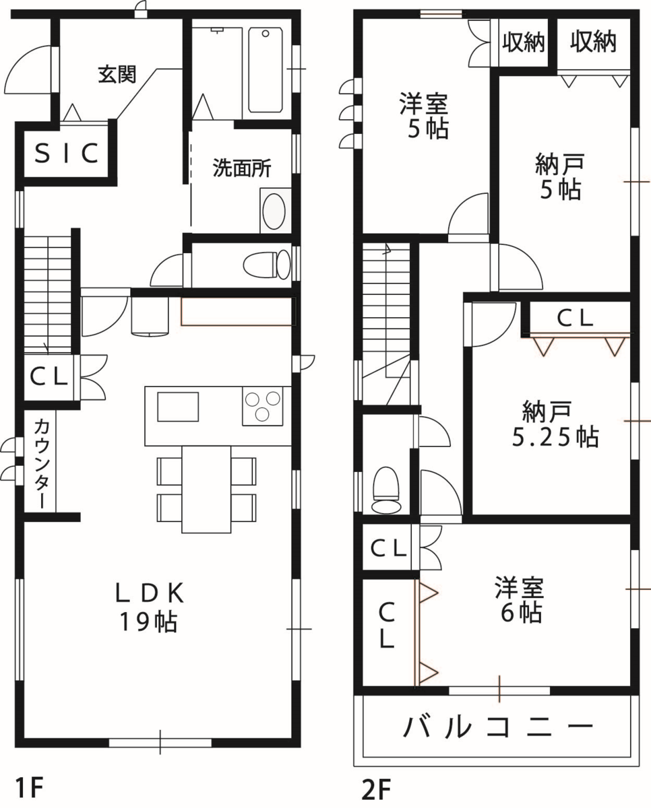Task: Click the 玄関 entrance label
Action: [x=117, y=75]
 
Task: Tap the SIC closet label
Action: [x=67, y=154]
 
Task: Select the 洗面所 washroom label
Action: [x=242, y=168]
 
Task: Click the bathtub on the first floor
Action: [x=266, y=70]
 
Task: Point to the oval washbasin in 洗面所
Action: [x=274, y=211]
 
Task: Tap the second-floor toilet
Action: [x=386, y=490]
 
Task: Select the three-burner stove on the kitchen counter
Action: [x=262, y=406]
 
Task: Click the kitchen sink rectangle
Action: [x=178, y=407]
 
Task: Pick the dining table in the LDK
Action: [x=206, y=490]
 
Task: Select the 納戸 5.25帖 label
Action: [x=555, y=424]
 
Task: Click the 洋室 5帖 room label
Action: [x=424, y=116]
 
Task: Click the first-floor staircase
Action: [x=48, y=295]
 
